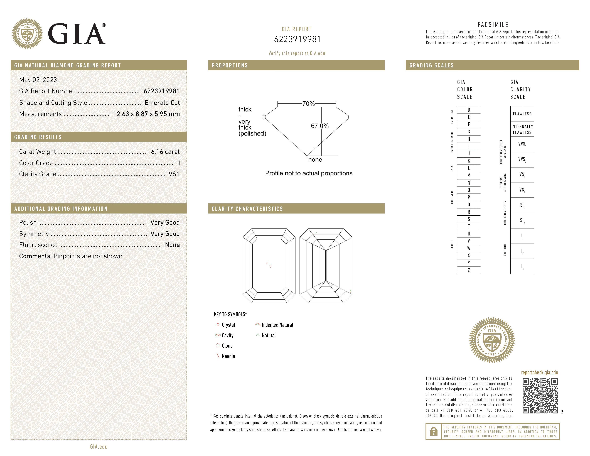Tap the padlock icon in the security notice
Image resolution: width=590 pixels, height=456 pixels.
click(434, 432)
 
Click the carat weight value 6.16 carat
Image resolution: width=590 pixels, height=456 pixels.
click(165, 152)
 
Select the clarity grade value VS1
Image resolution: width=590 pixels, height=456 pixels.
click(174, 174)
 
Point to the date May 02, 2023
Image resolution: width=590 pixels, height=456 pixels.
click(38, 80)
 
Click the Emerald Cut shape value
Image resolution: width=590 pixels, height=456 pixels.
click(162, 103)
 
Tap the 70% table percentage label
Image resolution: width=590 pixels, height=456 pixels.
click(308, 104)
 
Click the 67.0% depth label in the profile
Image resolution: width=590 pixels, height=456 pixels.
click(320, 126)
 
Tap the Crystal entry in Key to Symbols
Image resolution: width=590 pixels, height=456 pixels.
click(228, 325)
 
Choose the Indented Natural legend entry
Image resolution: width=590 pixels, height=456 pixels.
click(277, 325)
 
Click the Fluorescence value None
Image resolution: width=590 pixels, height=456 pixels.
click(172, 245)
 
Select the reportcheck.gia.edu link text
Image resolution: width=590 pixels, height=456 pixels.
click(539, 372)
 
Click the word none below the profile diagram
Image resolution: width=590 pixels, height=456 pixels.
click(315, 160)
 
